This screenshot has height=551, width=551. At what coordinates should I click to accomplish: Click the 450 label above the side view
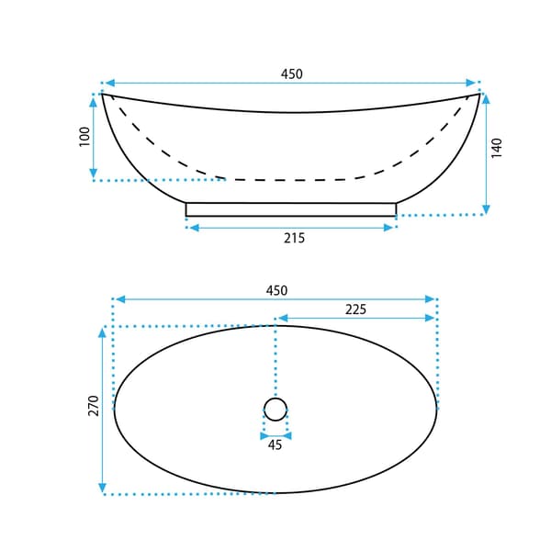point(292,73)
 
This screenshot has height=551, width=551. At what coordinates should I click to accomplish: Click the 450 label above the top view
point(277,290)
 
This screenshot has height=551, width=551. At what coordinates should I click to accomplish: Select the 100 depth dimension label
point(84,137)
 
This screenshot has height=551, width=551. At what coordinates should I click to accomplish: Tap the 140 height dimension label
point(497,148)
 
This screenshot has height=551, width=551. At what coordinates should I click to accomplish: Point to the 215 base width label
point(295,238)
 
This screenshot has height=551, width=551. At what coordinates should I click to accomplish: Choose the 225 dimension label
point(355,309)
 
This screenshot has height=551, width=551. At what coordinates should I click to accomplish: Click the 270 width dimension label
point(94,406)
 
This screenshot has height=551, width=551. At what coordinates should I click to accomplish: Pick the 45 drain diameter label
point(275,444)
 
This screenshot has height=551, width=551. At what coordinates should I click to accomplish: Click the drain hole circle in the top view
point(275,398)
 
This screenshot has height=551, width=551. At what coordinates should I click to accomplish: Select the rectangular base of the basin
point(291,209)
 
